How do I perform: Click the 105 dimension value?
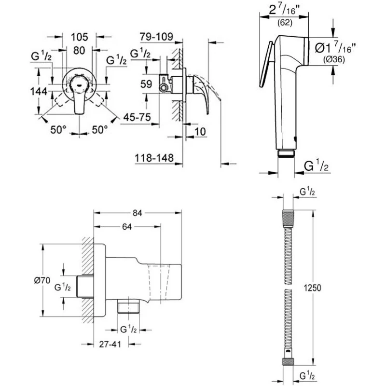80,37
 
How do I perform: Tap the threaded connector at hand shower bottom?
287,153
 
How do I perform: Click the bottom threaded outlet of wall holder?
128,305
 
